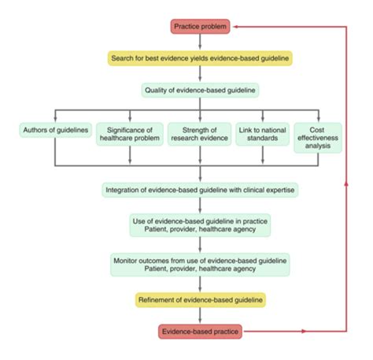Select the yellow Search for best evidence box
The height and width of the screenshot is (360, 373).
coord(200,58)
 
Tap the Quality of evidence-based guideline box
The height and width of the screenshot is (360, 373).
coord(200,90)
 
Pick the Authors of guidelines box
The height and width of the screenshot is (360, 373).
coord(54,129)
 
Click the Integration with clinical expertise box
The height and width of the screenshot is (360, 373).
coord(200,190)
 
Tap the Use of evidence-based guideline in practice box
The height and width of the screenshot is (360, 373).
coord(200,226)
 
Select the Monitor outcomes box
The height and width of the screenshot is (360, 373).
coord(200,264)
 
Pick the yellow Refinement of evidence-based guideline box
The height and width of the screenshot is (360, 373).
coord(200,299)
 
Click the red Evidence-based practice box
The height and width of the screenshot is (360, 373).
coord(200,331)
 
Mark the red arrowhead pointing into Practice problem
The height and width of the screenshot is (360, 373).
coord(238,27)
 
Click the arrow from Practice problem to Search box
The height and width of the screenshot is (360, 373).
coord(200,43)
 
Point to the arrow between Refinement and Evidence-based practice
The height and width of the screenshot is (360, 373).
coord(200,315)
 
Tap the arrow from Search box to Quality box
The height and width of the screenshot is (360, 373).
coord(200,74)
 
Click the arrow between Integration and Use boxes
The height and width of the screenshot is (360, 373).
coord(200,206)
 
